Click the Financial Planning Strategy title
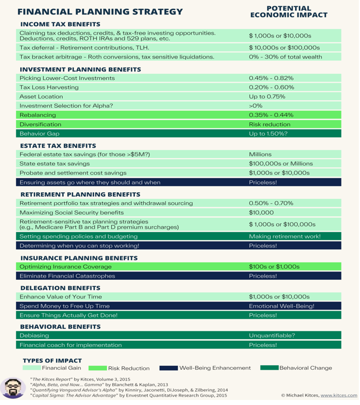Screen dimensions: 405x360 tap(100, 12)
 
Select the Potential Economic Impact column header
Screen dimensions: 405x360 tap(288, 12)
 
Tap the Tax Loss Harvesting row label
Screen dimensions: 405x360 tap(49, 88)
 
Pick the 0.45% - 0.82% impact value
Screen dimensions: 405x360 tap(271, 78)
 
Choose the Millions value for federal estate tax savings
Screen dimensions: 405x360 tap(260, 154)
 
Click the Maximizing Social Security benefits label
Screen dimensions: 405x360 tap(71, 213)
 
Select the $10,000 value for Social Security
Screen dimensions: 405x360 tap(261, 213)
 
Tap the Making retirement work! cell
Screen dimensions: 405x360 tap(285, 236)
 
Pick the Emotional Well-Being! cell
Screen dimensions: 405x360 tap(281, 306)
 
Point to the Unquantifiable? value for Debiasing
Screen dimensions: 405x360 tap(272, 336)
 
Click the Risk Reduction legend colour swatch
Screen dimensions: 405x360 tap(98, 368)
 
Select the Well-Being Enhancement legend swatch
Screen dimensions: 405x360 tap(168, 368)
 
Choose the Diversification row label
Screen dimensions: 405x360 tap(40, 125)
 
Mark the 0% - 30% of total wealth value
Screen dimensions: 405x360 tap(285, 57)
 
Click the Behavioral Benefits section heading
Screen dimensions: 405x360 tap(60, 326)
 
